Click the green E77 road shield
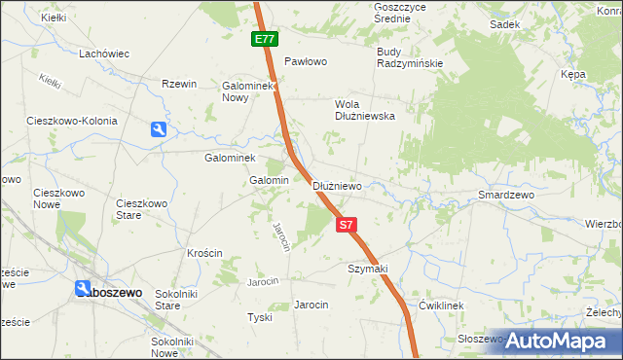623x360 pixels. click(x=264, y=40)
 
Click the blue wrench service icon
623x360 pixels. click(x=159, y=128)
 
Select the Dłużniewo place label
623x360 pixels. click(x=338, y=186)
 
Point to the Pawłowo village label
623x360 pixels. click(x=305, y=61)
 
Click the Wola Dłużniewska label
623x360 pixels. click(x=364, y=109)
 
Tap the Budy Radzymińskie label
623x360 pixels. click(x=410, y=57)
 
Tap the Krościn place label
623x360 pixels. click(x=204, y=253)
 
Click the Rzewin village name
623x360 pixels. click(x=180, y=85)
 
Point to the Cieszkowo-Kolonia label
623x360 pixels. click(x=72, y=122)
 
